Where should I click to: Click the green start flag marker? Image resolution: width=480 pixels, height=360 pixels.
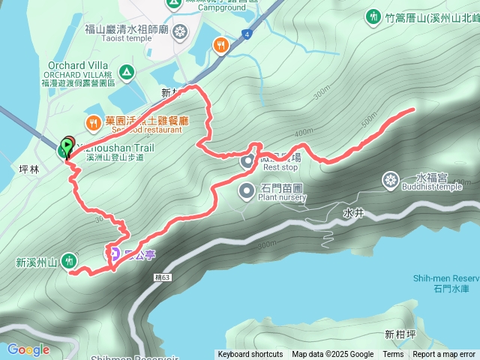[x=67, y=145]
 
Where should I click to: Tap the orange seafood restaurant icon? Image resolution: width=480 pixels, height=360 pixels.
[x=92, y=121]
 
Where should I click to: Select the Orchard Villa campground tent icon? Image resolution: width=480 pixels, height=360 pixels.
[x=126, y=73]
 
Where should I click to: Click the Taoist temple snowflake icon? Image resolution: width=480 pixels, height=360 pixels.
[x=180, y=31]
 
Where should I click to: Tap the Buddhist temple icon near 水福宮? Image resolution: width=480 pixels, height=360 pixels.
[x=390, y=180]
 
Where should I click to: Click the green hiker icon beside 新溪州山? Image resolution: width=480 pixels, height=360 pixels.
[x=69, y=261]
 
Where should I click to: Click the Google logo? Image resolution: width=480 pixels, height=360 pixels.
[x=28, y=349]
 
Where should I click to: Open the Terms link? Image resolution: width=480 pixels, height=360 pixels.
[x=393, y=355]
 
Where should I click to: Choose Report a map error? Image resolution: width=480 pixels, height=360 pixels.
[x=444, y=355]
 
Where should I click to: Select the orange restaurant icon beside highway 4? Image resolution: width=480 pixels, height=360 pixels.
[x=220, y=44]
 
